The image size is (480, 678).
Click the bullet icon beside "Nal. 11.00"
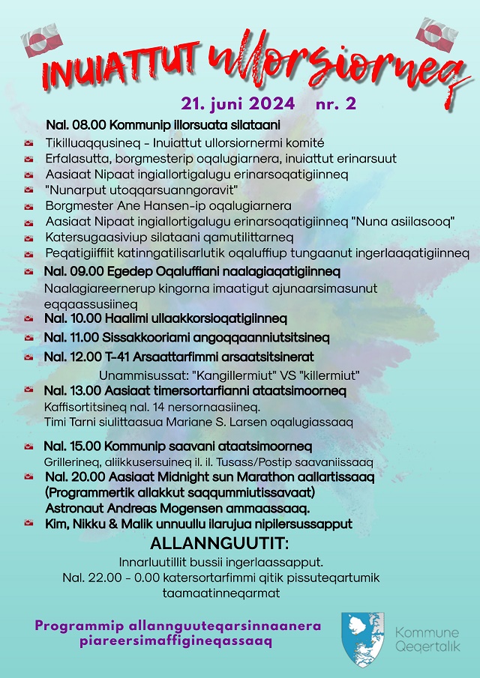click(x=29, y=339)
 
